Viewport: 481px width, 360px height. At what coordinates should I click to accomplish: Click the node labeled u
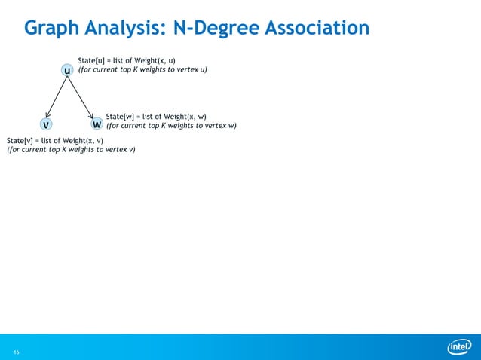coord(68,70)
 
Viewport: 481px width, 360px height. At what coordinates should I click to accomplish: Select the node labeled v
coord(46,124)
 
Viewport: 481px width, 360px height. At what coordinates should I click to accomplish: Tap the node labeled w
coord(97,124)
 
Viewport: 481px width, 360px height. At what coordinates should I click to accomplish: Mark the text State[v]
coord(21,140)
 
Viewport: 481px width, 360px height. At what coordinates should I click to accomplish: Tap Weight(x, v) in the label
coord(83,140)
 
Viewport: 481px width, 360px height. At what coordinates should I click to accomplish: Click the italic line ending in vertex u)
coord(143,70)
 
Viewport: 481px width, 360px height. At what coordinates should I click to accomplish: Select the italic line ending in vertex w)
coord(172,126)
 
